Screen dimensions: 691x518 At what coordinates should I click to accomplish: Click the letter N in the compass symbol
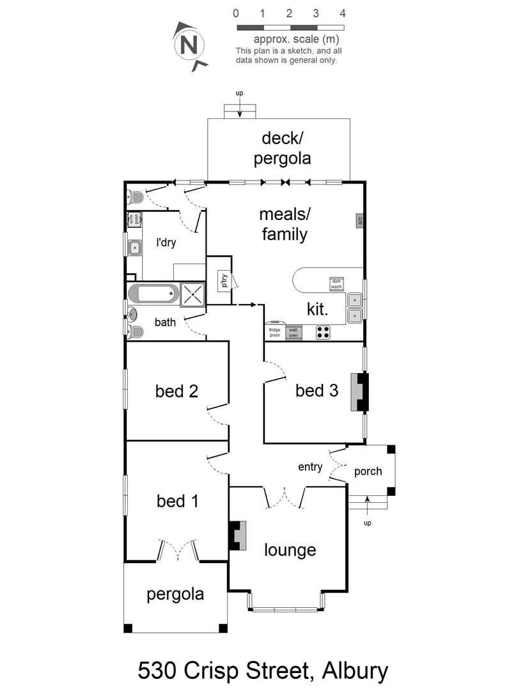click(x=188, y=45)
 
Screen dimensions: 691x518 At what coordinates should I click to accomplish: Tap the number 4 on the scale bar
click(x=343, y=13)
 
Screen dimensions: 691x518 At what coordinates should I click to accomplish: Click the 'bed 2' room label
click(x=177, y=391)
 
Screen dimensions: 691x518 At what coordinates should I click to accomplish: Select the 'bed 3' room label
click(x=317, y=390)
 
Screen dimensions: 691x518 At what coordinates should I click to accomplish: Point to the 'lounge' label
click(x=290, y=550)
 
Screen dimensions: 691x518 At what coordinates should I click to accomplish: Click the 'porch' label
click(x=368, y=472)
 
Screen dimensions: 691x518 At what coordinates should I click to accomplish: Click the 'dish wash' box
click(x=336, y=284)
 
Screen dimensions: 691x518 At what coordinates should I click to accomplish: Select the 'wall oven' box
click(x=294, y=332)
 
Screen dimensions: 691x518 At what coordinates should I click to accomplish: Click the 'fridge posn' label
click(x=274, y=332)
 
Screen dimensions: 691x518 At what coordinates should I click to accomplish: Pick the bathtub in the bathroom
click(x=152, y=294)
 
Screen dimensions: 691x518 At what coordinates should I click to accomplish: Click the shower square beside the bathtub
click(x=192, y=294)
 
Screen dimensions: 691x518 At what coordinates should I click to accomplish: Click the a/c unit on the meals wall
click(x=359, y=220)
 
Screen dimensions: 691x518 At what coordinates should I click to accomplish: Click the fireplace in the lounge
click(x=239, y=536)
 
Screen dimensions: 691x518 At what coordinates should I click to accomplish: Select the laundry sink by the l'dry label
click(x=134, y=247)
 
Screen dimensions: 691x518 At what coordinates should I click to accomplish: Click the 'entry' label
click(x=310, y=467)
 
